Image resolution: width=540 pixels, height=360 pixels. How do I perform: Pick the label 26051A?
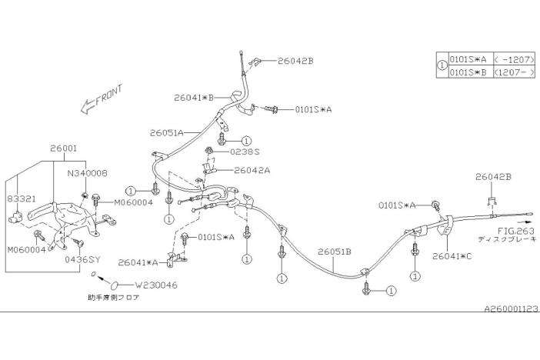[x=167, y=132]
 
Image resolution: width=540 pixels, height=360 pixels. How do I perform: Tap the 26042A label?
[x=252, y=170]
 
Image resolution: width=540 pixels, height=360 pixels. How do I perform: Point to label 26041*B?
[x=193, y=98]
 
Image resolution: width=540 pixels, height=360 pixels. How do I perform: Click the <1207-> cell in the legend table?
[x=513, y=72]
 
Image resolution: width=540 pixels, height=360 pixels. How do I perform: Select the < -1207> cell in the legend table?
[x=513, y=59]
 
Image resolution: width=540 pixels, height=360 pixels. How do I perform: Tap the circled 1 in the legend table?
[x=441, y=65]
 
